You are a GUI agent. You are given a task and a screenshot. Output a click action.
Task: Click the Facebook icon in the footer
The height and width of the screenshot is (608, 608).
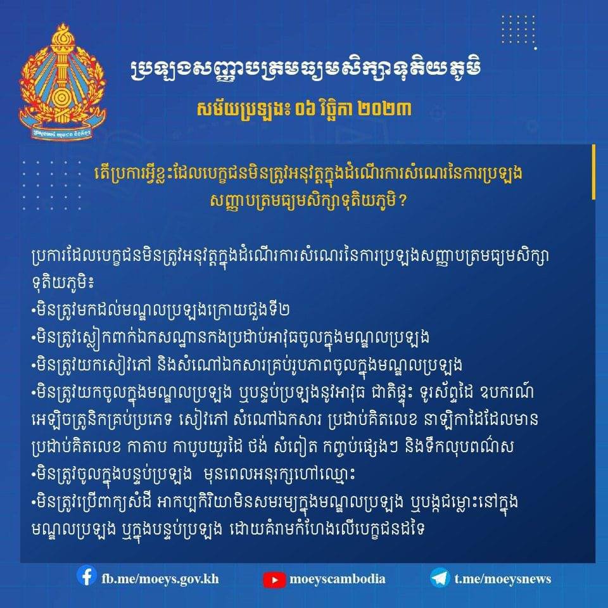[x=87, y=576]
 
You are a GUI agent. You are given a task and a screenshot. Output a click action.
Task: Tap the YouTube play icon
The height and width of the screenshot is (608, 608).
[x=274, y=579]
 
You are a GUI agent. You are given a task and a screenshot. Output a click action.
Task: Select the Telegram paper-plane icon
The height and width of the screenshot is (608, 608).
[x=440, y=578]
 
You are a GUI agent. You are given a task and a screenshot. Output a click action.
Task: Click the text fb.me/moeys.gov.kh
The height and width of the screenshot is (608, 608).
[x=160, y=579]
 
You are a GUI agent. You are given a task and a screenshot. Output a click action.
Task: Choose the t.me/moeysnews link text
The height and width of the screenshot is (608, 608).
[x=502, y=579]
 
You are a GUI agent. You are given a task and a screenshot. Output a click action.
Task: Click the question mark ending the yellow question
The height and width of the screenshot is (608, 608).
[x=402, y=201]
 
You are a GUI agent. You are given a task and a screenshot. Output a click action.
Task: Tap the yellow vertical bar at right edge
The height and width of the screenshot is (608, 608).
[x=593, y=172]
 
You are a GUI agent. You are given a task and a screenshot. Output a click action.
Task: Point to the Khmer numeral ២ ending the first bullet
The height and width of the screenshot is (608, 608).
[x=284, y=310]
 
